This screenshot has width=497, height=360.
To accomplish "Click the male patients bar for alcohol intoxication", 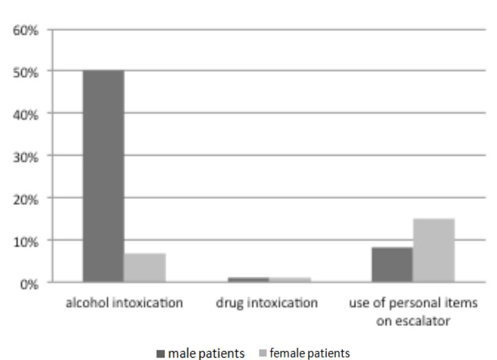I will point(103,176).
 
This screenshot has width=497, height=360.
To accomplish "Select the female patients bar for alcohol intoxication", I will point(145,268).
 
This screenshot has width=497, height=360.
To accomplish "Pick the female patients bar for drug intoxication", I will point(289,280).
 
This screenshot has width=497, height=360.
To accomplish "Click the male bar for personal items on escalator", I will point(392,265).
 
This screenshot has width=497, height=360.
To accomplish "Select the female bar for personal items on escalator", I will point(434,250).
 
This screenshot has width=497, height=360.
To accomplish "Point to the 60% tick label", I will point(27,30).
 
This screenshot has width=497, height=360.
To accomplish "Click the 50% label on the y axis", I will point(27,72).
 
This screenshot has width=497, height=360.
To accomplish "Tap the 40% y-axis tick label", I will point(27,114).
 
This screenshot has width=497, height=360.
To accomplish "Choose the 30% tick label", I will point(27,157).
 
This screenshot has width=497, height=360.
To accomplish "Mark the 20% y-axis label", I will point(27,199).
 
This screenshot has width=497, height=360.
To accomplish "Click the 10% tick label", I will point(27,241).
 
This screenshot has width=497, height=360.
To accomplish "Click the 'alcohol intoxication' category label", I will point(124,303).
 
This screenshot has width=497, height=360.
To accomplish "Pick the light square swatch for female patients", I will point(262,353).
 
